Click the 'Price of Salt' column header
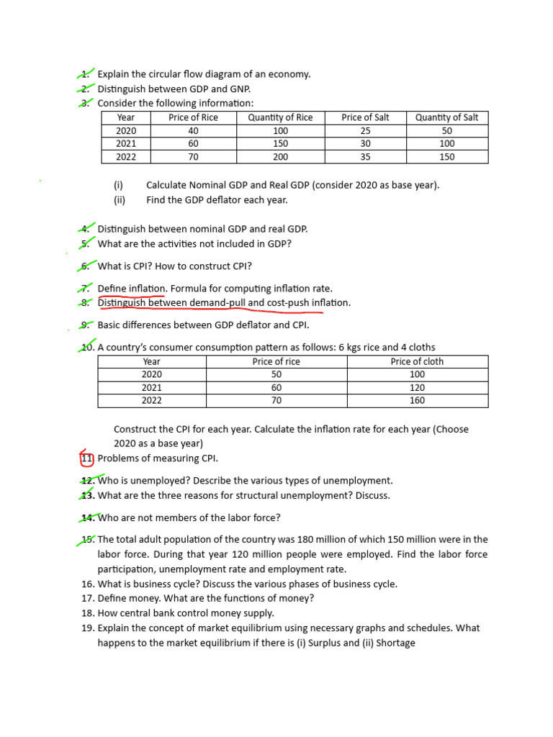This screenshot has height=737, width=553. (365, 117)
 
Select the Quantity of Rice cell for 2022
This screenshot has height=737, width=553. (280, 157)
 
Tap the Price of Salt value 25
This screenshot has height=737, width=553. (365, 130)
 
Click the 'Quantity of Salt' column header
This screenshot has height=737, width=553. (446, 117)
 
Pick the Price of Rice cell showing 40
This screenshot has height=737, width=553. (193, 130)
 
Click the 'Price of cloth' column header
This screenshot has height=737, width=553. (417, 361)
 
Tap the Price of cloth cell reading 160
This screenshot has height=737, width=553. (417, 400)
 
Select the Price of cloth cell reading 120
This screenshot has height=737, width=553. (417, 387)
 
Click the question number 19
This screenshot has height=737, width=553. (89, 628)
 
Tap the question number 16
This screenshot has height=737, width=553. (89, 584)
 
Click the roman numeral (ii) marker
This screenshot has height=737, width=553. (120, 200)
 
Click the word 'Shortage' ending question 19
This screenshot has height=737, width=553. (395, 643)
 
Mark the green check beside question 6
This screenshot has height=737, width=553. (86, 265)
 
